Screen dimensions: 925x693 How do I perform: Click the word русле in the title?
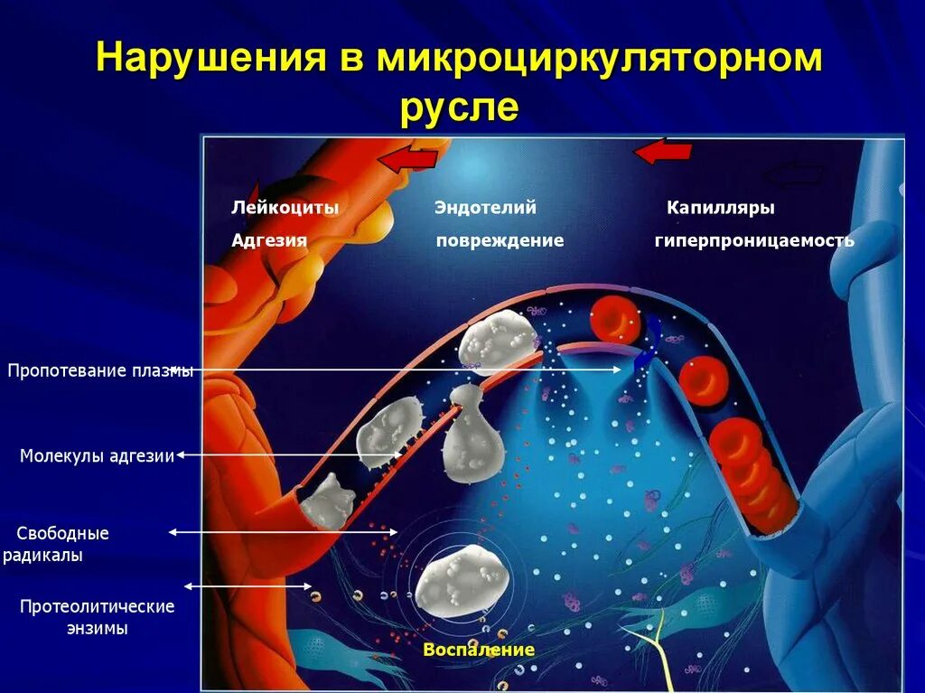pyautogui.click(x=460, y=108)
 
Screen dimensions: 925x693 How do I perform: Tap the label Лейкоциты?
pyautogui.click(x=285, y=208)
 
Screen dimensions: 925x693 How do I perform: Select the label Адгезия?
pyautogui.click(x=269, y=241)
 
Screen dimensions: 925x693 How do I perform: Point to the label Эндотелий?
pyautogui.click(x=485, y=208)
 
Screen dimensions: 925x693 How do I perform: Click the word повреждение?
pyautogui.click(x=500, y=241)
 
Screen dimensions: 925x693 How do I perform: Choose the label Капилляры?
pyautogui.click(x=721, y=208)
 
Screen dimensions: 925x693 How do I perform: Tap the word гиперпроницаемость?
pyautogui.click(x=754, y=241)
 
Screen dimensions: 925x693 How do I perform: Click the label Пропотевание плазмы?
pyautogui.click(x=100, y=370)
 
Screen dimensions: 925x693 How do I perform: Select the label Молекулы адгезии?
pyautogui.click(x=97, y=456)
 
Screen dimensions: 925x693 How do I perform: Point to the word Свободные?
pyautogui.click(x=63, y=533)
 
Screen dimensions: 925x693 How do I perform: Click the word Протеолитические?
pyautogui.click(x=97, y=606)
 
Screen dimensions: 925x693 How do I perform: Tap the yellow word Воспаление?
pyautogui.click(x=479, y=650)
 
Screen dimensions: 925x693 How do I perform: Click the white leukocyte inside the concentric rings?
pyautogui.click(x=462, y=582)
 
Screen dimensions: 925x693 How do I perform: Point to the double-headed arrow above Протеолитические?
pyautogui.click(x=248, y=585)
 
